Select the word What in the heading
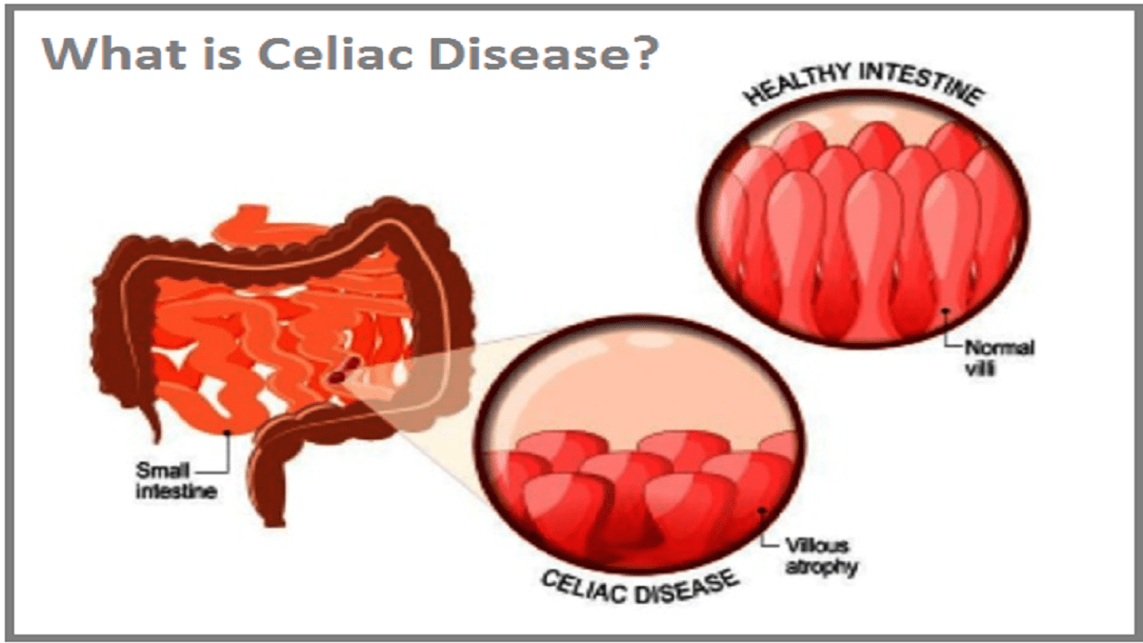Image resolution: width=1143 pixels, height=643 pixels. pyautogui.click(x=114, y=53)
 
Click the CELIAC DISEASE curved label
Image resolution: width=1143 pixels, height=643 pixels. pyautogui.click(x=640, y=587)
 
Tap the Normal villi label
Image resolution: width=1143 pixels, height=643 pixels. pyautogui.click(x=998, y=358)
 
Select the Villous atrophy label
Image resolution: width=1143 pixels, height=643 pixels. pyautogui.click(x=821, y=555)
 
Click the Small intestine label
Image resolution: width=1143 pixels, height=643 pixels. pyautogui.click(x=175, y=481)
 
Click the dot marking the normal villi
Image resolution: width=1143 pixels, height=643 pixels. pyautogui.click(x=946, y=311)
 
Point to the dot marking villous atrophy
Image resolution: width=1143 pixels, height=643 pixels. pyautogui.click(x=762, y=511)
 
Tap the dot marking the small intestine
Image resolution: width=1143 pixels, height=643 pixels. pyautogui.click(x=228, y=432)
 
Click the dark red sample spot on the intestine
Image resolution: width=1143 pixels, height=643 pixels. pyautogui.click(x=343, y=371)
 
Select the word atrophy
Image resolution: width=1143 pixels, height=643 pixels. pyautogui.click(x=821, y=567)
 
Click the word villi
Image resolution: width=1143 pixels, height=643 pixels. pyautogui.click(x=980, y=369)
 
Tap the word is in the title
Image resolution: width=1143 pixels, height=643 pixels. pyautogui.click(x=222, y=53)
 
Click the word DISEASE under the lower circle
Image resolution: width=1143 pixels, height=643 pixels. pyautogui.click(x=688, y=590)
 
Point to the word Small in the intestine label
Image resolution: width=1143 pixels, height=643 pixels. pyautogui.click(x=162, y=471)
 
